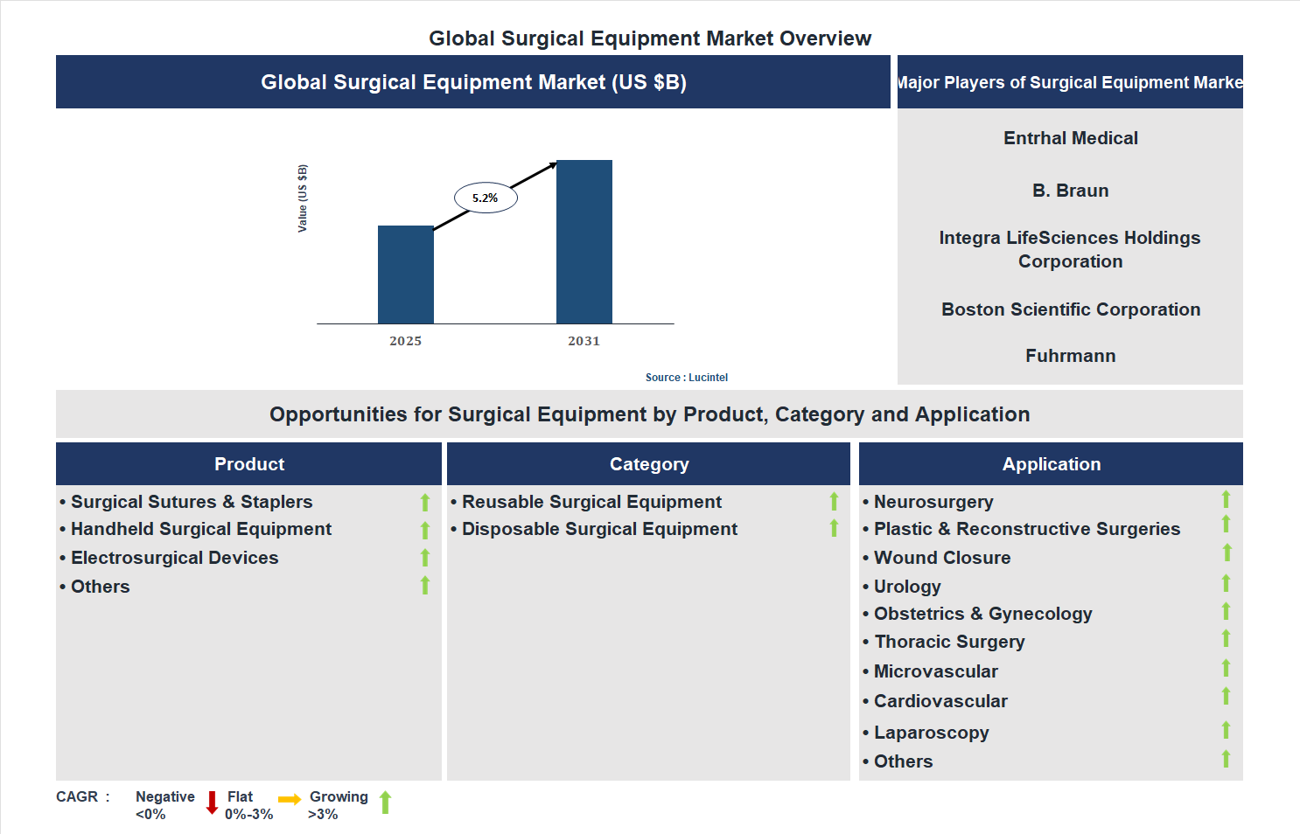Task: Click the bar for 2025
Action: pos(405,275)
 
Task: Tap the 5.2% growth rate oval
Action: pos(486,198)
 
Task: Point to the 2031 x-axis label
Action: pos(584,341)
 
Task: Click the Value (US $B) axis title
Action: pos(303,198)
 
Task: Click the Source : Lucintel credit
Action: pos(686,378)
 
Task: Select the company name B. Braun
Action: pos(1070,191)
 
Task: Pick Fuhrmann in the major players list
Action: pos(1070,356)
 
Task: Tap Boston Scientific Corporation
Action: pos(1070,309)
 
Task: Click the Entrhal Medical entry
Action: pos(1070,138)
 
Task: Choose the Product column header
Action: pos(249,464)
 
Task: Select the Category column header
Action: pos(648,464)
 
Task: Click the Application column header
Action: pos(1051,464)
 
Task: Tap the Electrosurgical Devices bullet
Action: pos(174,558)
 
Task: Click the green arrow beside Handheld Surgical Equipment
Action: pos(425,531)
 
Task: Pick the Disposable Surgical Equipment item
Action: pos(599,529)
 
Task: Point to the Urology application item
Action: pos(907,587)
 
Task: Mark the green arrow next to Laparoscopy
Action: pos(1226,730)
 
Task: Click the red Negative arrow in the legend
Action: pos(212,802)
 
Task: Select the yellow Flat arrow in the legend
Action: pos(290,799)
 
